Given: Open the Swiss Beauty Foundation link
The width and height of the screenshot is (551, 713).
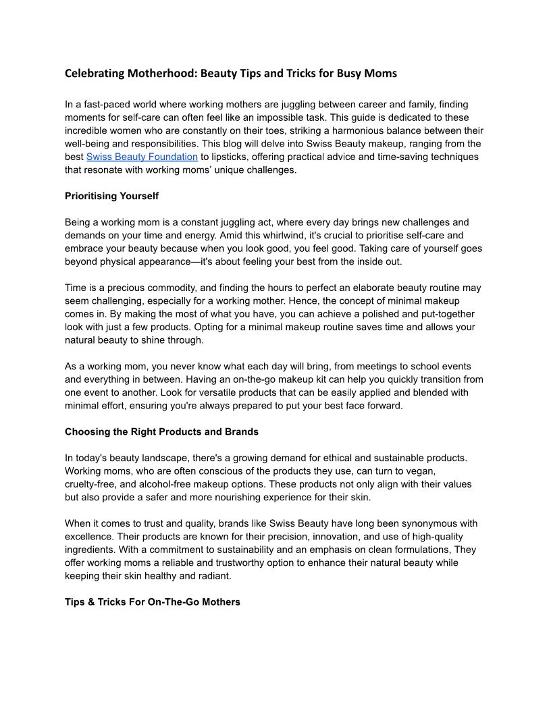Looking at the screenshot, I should coord(142,157).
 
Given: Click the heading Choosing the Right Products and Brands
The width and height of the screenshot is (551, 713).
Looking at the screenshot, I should coord(161,431).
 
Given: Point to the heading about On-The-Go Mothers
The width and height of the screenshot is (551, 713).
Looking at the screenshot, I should coord(152,601).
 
